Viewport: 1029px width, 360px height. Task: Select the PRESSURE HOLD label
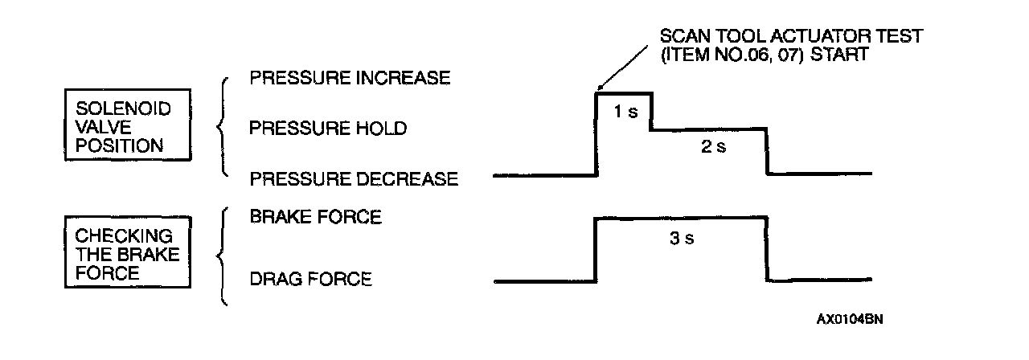(x=327, y=128)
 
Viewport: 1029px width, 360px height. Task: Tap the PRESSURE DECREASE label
(x=354, y=178)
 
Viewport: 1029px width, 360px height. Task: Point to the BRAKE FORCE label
(x=315, y=217)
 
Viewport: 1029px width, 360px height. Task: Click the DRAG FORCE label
(x=310, y=280)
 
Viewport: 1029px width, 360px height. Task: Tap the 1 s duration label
(x=625, y=112)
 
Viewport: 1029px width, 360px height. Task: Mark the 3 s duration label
(x=682, y=239)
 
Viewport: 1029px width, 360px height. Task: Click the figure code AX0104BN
(x=849, y=320)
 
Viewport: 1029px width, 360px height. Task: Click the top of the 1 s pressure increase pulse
(x=623, y=94)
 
